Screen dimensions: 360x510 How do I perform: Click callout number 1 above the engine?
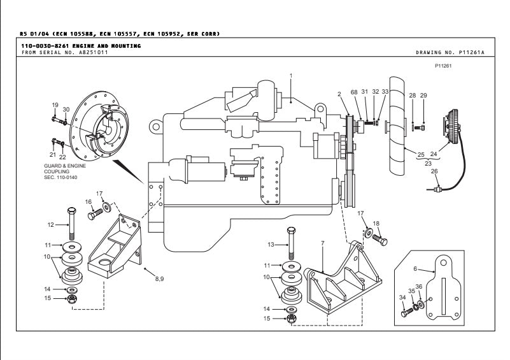(x=290, y=76)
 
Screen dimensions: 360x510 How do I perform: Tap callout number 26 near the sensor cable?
(x=435, y=171)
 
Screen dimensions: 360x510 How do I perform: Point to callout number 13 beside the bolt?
(x=271, y=244)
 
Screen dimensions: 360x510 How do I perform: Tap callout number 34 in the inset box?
(x=402, y=298)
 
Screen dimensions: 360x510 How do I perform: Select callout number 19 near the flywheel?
(x=55, y=104)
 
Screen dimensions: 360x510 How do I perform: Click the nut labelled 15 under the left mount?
(x=72, y=298)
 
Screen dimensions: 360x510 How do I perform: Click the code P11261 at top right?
(x=444, y=65)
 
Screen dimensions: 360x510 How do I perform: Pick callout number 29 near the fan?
(x=423, y=95)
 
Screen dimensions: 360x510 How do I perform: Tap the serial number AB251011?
(x=76, y=52)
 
